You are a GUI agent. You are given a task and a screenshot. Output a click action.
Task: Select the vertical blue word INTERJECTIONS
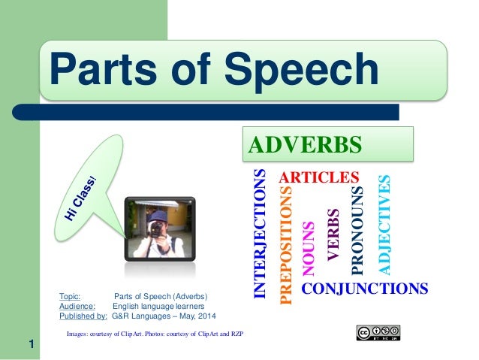click(260, 234)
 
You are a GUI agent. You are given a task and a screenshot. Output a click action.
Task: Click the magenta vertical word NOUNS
click(308, 249)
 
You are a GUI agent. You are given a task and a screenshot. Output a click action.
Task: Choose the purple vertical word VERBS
click(334, 235)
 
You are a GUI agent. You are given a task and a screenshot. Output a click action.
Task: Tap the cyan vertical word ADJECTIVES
click(384, 224)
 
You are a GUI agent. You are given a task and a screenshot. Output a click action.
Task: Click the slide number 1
click(32, 345)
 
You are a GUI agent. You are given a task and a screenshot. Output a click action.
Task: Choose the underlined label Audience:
click(77, 306)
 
